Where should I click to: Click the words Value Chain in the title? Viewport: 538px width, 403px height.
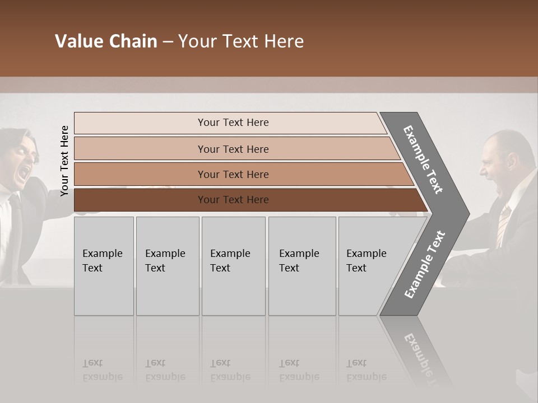click(x=106, y=41)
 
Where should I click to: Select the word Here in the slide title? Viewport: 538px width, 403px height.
click(x=284, y=41)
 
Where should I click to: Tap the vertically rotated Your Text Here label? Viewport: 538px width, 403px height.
click(x=64, y=161)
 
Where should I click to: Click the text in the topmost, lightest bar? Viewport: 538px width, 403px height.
click(x=233, y=123)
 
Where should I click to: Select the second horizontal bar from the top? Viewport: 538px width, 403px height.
click(x=233, y=149)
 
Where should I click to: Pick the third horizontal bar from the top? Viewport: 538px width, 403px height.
click(x=233, y=174)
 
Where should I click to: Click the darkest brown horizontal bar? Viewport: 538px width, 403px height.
click(x=233, y=200)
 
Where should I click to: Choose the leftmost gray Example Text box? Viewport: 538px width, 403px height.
click(x=104, y=266)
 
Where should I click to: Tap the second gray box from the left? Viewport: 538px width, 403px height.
click(x=167, y=266)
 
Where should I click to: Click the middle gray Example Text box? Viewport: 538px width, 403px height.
click(x=233, y=266)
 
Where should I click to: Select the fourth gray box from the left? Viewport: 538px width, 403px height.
click(x=302, y=266)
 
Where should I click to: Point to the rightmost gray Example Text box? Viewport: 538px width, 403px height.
click(x=367, y=266)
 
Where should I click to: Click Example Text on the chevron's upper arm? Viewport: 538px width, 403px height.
click(x=423, y=160)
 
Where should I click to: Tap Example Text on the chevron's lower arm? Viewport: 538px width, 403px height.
click(x=425, y=265)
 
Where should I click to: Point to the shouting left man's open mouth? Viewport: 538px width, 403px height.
click(x=23, y=174)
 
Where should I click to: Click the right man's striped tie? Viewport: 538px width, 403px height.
click(x=503, y=224)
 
